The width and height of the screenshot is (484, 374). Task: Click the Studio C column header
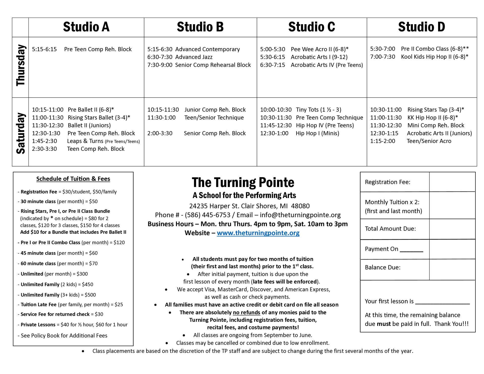(x=312, y=27)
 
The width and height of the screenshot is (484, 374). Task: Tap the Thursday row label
(x=20, y=66)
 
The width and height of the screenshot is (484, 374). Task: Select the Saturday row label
(x=20, y=133)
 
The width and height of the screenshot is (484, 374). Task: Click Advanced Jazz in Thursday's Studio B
(x=194, y=57)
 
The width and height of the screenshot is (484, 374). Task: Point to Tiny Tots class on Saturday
(x=318, y=110)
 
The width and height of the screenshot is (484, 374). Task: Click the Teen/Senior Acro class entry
(x=429, y=141)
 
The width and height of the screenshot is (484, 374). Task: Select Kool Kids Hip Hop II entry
(x=434, y=57)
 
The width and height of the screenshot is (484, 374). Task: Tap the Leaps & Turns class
(x=103, y=141)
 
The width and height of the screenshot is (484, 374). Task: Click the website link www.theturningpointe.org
(x=258, y=233)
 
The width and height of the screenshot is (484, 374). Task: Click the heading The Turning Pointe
(x=243, y=182)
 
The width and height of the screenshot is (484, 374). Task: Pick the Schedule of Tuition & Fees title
(x=73, y=179)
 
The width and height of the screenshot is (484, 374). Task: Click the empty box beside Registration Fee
(x=452, y=182)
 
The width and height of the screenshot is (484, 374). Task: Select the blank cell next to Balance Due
(x=452, y=269)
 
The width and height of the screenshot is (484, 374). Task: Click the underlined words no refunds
(x=246, y=313)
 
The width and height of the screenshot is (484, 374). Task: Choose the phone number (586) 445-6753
(x=207, y=215)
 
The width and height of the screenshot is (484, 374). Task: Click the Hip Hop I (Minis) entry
(x=317, y=133)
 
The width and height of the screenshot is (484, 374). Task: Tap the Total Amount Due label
(x=390, y=229)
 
